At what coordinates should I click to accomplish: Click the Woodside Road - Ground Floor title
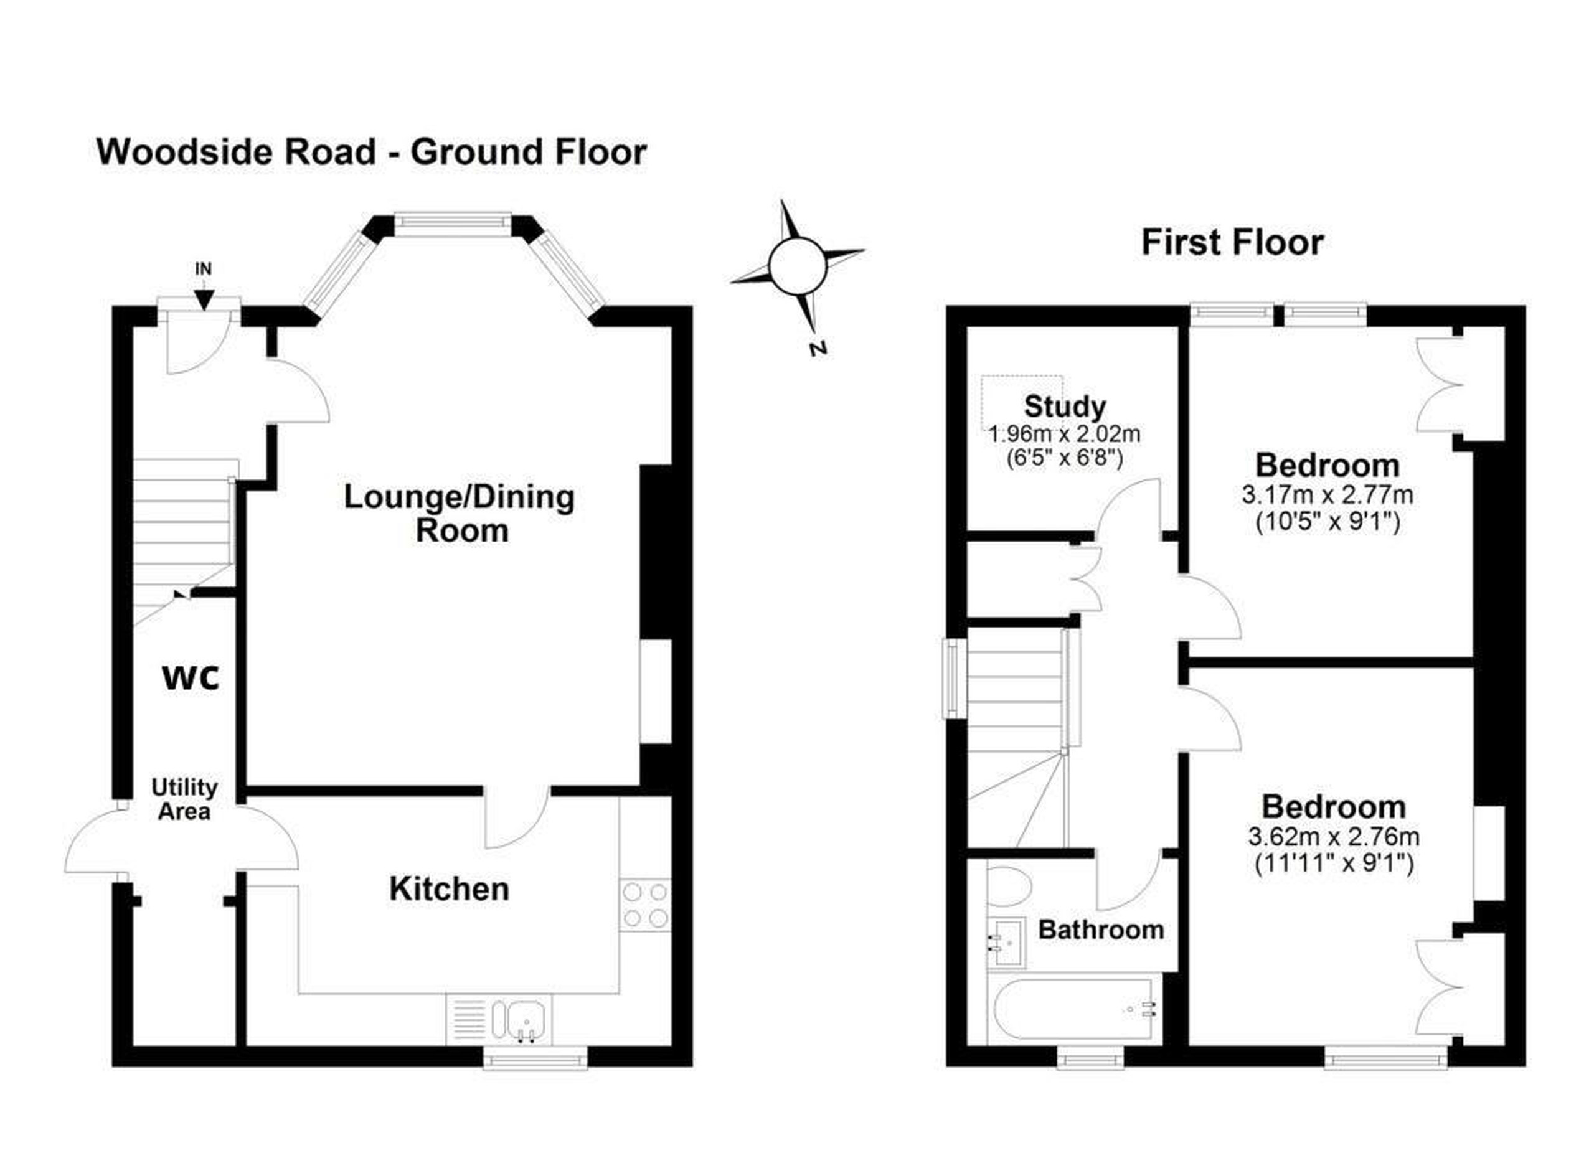click(371, 152)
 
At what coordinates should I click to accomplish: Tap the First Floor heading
click(1232, 242)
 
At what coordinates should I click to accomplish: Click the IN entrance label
click(203, 268)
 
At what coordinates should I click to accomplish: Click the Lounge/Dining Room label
click(460, 514)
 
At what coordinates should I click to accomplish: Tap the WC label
click(191, 678)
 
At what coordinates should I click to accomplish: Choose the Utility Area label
click(184, 799)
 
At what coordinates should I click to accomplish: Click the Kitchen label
click(449, 889)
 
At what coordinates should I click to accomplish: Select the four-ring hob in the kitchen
click(645, 905)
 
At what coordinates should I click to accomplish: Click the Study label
click(1065, 406)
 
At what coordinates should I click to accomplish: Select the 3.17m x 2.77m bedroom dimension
click(1328, 496)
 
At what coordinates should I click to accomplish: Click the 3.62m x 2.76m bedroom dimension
click(1333, 837)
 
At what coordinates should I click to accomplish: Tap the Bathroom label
click(1101, 930)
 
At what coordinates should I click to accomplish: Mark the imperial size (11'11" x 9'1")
click(1334, 863)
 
